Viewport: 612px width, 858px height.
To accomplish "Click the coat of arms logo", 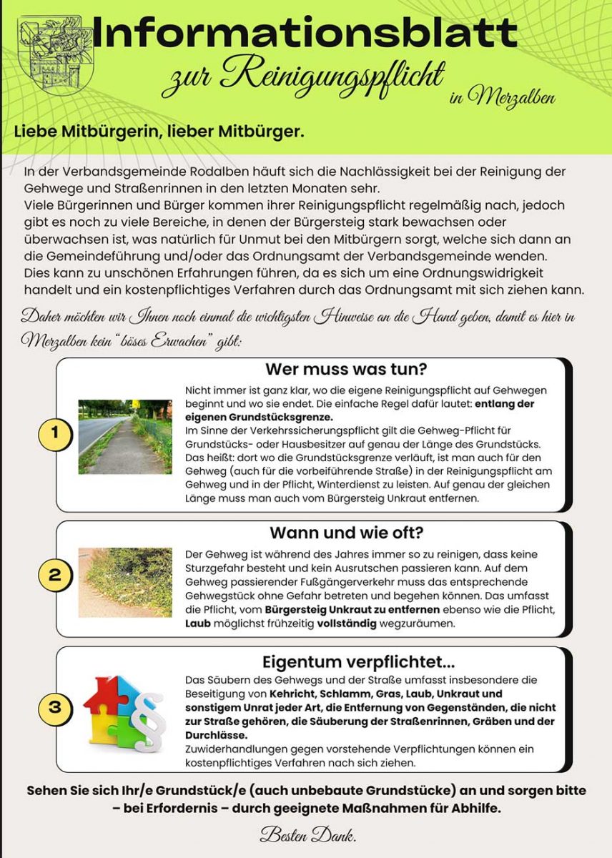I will point(50,54).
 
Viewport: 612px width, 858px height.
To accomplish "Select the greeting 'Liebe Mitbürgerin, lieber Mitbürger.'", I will point(159,132).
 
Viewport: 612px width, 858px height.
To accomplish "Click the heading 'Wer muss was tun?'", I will point(346,370).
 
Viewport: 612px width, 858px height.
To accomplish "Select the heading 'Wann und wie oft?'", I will point(346,533).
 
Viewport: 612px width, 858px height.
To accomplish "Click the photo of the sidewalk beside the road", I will point(124,436).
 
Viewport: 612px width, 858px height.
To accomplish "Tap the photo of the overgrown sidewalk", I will point(124,583).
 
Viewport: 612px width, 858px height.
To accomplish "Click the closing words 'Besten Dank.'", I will point(307,834).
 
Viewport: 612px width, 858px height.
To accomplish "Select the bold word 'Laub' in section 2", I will point(199,623).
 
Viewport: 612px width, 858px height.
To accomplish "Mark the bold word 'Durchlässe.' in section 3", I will point(217,735).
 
